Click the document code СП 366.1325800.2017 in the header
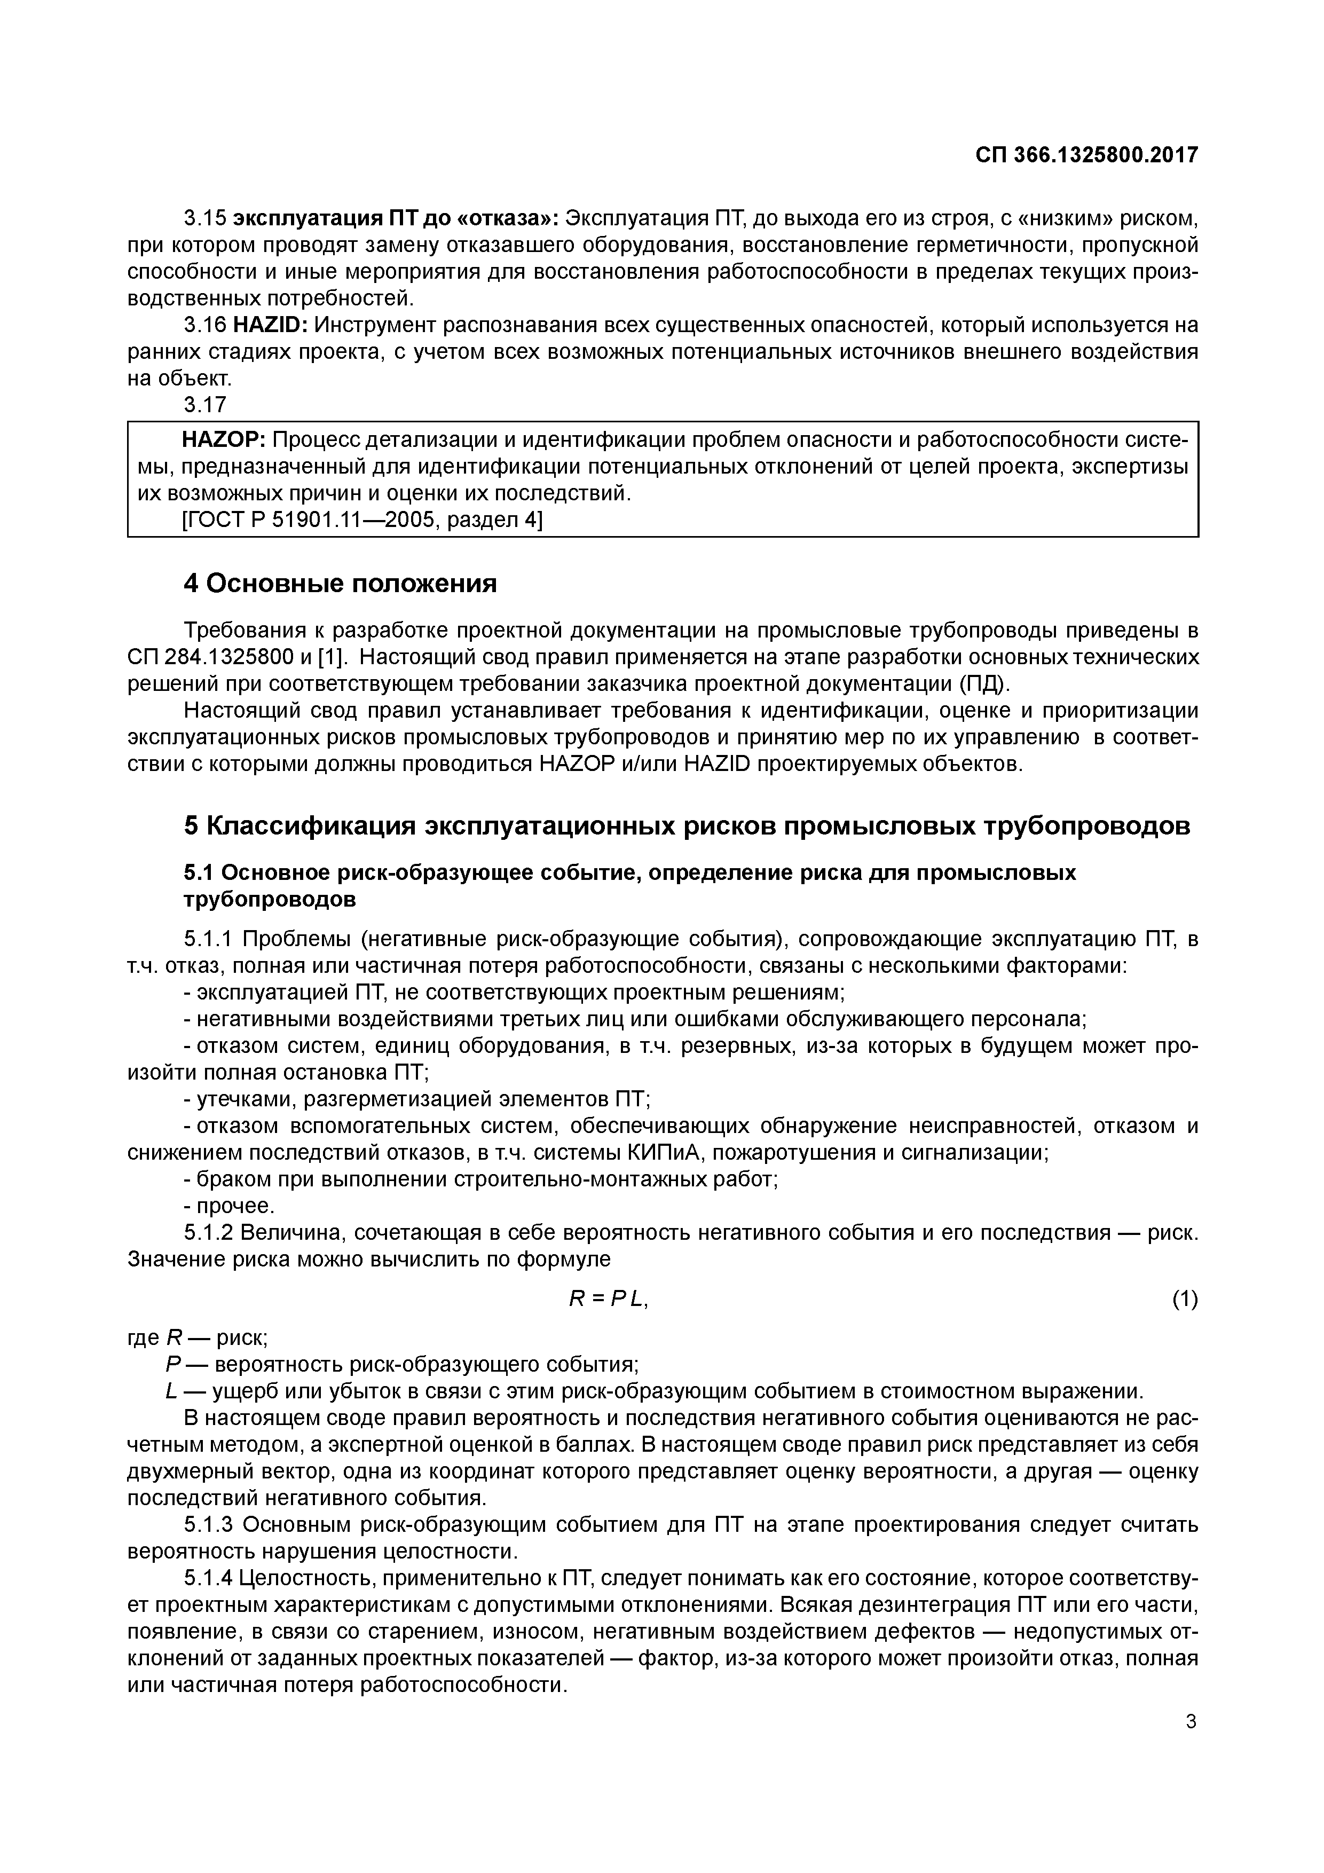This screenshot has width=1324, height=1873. [1086, 155]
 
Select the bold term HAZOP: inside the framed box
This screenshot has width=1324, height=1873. [224, 440]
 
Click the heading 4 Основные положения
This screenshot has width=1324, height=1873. [340, 583]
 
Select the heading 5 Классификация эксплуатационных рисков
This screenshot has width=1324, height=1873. [686, 827]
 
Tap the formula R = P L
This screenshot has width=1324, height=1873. [608, 1300]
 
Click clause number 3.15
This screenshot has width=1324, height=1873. [205, 218]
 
